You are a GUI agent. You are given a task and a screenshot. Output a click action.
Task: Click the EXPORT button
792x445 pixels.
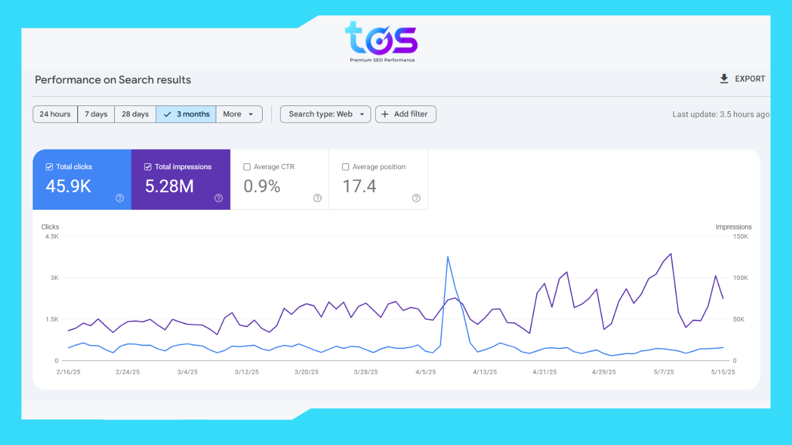742,79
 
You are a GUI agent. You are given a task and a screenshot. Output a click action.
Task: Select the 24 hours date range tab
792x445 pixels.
55,114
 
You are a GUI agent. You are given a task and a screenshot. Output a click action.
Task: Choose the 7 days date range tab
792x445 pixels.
96,114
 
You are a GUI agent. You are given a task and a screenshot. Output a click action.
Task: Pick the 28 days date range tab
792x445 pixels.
135,114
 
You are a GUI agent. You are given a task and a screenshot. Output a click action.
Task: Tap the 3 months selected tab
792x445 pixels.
186,114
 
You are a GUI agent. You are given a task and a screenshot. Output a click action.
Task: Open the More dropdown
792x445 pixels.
239,114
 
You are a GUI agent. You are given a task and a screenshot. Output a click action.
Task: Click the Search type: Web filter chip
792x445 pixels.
326,114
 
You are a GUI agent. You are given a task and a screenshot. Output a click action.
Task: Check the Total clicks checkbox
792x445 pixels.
49,167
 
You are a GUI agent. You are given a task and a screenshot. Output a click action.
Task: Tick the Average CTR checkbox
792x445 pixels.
247,167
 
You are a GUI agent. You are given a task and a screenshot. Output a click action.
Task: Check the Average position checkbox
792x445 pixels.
346,167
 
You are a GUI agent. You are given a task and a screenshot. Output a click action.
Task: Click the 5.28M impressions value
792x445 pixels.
169,186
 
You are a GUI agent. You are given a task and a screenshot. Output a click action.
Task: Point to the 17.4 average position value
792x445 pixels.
359,186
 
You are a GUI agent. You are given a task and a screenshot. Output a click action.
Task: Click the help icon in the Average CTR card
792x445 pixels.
317,198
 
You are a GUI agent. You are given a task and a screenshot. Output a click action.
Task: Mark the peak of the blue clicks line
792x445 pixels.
448,257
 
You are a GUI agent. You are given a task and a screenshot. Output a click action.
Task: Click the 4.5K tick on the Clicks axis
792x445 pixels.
51,236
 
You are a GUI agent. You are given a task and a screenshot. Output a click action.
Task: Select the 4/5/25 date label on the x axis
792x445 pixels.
426,372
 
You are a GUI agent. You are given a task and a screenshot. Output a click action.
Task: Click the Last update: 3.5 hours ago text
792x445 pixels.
721,114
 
